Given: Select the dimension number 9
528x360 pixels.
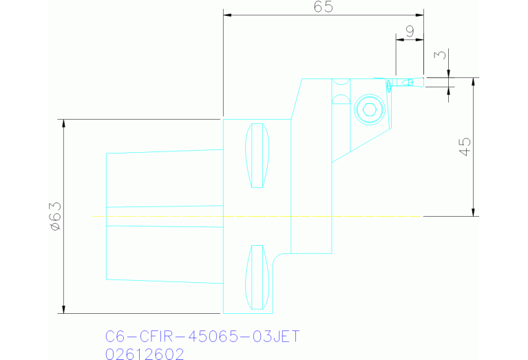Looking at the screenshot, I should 410,31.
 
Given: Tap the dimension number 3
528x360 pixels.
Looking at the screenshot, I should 441,54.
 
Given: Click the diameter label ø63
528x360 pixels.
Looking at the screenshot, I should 56,216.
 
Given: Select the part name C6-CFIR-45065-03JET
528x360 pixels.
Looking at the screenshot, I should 202,337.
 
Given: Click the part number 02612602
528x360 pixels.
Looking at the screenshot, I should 145,354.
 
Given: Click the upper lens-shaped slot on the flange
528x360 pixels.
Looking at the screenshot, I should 257,155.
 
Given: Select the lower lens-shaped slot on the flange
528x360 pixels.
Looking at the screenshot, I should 257,277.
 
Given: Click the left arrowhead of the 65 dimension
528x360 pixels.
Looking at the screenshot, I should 226,15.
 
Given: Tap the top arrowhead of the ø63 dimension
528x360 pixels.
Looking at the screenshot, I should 64,123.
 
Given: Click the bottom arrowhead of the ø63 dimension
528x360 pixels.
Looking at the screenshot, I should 64,310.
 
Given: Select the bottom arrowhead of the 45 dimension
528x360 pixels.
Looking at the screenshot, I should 474,213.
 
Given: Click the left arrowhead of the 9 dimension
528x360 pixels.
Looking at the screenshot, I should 399,39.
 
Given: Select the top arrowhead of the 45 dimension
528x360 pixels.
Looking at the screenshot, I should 474,81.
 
